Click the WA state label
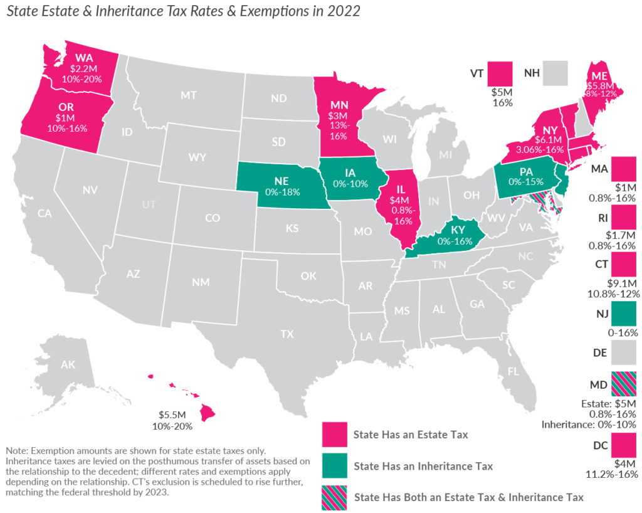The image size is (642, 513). [84, 58]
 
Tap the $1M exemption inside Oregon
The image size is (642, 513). [65, 118]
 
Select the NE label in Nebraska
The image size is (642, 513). [282, 181]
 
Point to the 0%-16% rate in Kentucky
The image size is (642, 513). [455, 241]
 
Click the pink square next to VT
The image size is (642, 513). [500, 74]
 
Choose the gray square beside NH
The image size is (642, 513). [555, 73]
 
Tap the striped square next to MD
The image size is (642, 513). [624, 384]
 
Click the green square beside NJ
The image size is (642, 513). [624, 314]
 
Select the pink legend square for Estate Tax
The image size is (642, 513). [335, 435]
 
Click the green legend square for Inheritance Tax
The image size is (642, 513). [335, 465]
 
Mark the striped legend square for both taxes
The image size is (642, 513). [335, 497]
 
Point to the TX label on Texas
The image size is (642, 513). [287, 334]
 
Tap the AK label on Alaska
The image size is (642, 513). [68, 364]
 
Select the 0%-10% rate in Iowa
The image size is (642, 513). [350, 184]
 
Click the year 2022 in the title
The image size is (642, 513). [344, 11]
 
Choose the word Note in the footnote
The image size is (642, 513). [16, 451]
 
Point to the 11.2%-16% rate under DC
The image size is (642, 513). [612, 474]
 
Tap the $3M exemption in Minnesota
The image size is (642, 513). [337, 116]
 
